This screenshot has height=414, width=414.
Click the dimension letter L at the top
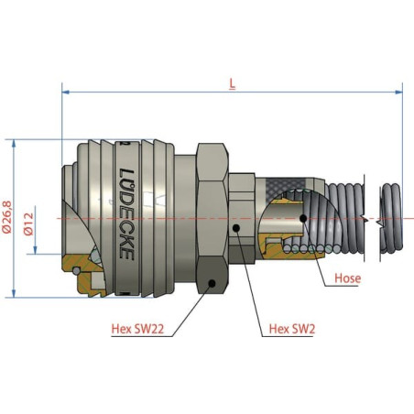point(233,84)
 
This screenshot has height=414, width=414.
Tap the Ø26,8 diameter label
point(7,217)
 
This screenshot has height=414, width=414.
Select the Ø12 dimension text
point(28,224)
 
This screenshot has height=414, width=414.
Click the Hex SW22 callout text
point(137,329)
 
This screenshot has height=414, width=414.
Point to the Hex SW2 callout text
point(292,329)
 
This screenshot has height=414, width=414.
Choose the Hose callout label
point(348,278)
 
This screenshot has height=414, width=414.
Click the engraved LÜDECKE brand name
point(126,213)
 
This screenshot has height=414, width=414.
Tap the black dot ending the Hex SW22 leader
point(212,284)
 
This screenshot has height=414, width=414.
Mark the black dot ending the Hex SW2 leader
point(236,228)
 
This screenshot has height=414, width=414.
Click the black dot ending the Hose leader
point(303,218)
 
